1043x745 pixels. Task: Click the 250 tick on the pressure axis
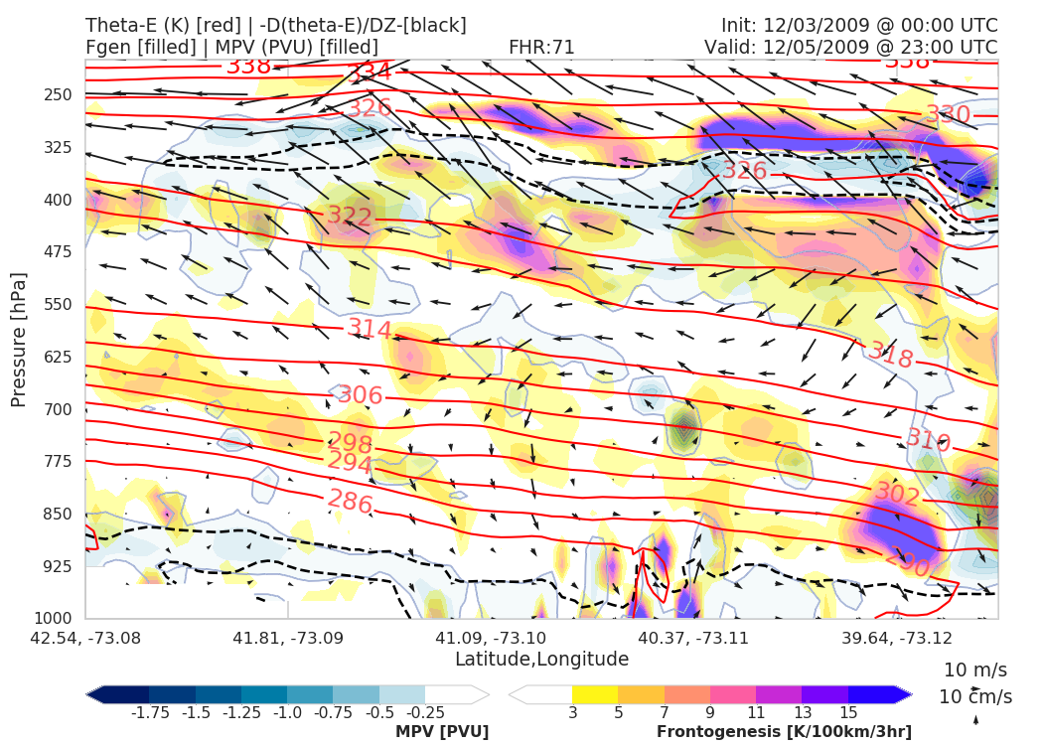pyautogui.click(x=60, y=94)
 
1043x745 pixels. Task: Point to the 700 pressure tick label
pyautogui.click(x=60, y=409)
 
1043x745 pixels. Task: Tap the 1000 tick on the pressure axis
pyautogui.click(x=56, y=619)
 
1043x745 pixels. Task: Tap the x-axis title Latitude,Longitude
pyautogui.click(x=541, y=660)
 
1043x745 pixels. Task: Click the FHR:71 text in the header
pyautogui.click(x=541, y=47)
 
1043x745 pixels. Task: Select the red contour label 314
pyautogui.click(x=370, y=328)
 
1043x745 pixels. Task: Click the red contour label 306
pyautogui.click(x=361, y=395)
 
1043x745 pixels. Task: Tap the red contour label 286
pyautogui.click(x=351, y=503)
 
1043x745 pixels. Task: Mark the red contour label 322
pyautogui.click(x=350, y=217)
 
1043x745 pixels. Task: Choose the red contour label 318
pyautogui.click(x=890, y=355)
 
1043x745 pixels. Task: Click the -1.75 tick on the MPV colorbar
pyautogui.click(x=149, y=712)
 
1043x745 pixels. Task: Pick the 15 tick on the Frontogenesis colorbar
pyautogui.click(x=847, y=712)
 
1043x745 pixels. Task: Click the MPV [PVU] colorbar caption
pyautogui.click(x=442, y=732)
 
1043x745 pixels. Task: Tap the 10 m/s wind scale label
pyautogui.click(x=975, y=670)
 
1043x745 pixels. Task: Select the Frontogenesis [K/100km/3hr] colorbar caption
pyautogui.click(x=784, y=732)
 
